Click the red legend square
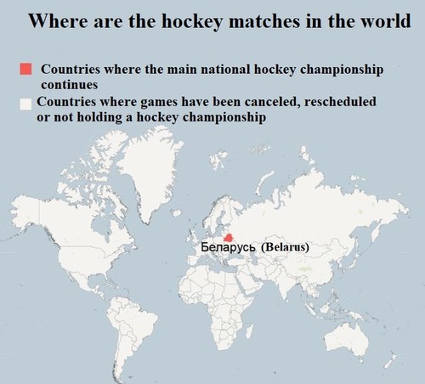click(x=25, y=69)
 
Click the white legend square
click(x=25, y=104)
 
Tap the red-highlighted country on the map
click(x=229, y=238)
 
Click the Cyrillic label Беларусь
click(x=228, y=247)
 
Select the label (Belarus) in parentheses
click(x=285, y=247)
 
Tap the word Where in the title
click(x=58, y=20)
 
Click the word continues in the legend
click(x=70, y=85)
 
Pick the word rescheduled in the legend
click(x=340, y=102)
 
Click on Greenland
click(x=151, y=170)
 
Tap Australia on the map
click(x=346, y=340)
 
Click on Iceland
click(x=177, y=212)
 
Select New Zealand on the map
click(x=390, y=359)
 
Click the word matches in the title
click(x=263, y=20)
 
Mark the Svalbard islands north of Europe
click(x=218, y=159)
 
